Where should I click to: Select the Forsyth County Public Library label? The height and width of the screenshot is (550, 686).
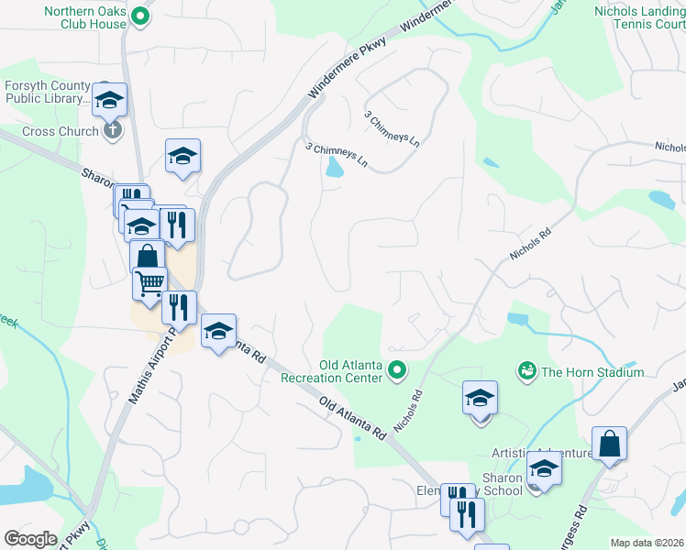pos(46,93)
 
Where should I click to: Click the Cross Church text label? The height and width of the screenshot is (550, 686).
pos(60,131)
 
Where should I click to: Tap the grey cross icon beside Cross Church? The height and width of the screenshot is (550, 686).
pos(112,129)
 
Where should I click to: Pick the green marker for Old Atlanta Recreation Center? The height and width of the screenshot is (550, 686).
pos(396,371)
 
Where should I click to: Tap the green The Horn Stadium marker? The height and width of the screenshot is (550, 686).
pos(526,371)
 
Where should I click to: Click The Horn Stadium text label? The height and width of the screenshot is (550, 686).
pos(592,372)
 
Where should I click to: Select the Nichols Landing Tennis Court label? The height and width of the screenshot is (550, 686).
pos(639,17)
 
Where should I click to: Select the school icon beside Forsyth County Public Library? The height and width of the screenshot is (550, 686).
pos(109,99)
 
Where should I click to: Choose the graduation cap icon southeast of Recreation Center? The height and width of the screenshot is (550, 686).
pos(480,398)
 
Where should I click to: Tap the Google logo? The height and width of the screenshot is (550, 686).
pos(31,539)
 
